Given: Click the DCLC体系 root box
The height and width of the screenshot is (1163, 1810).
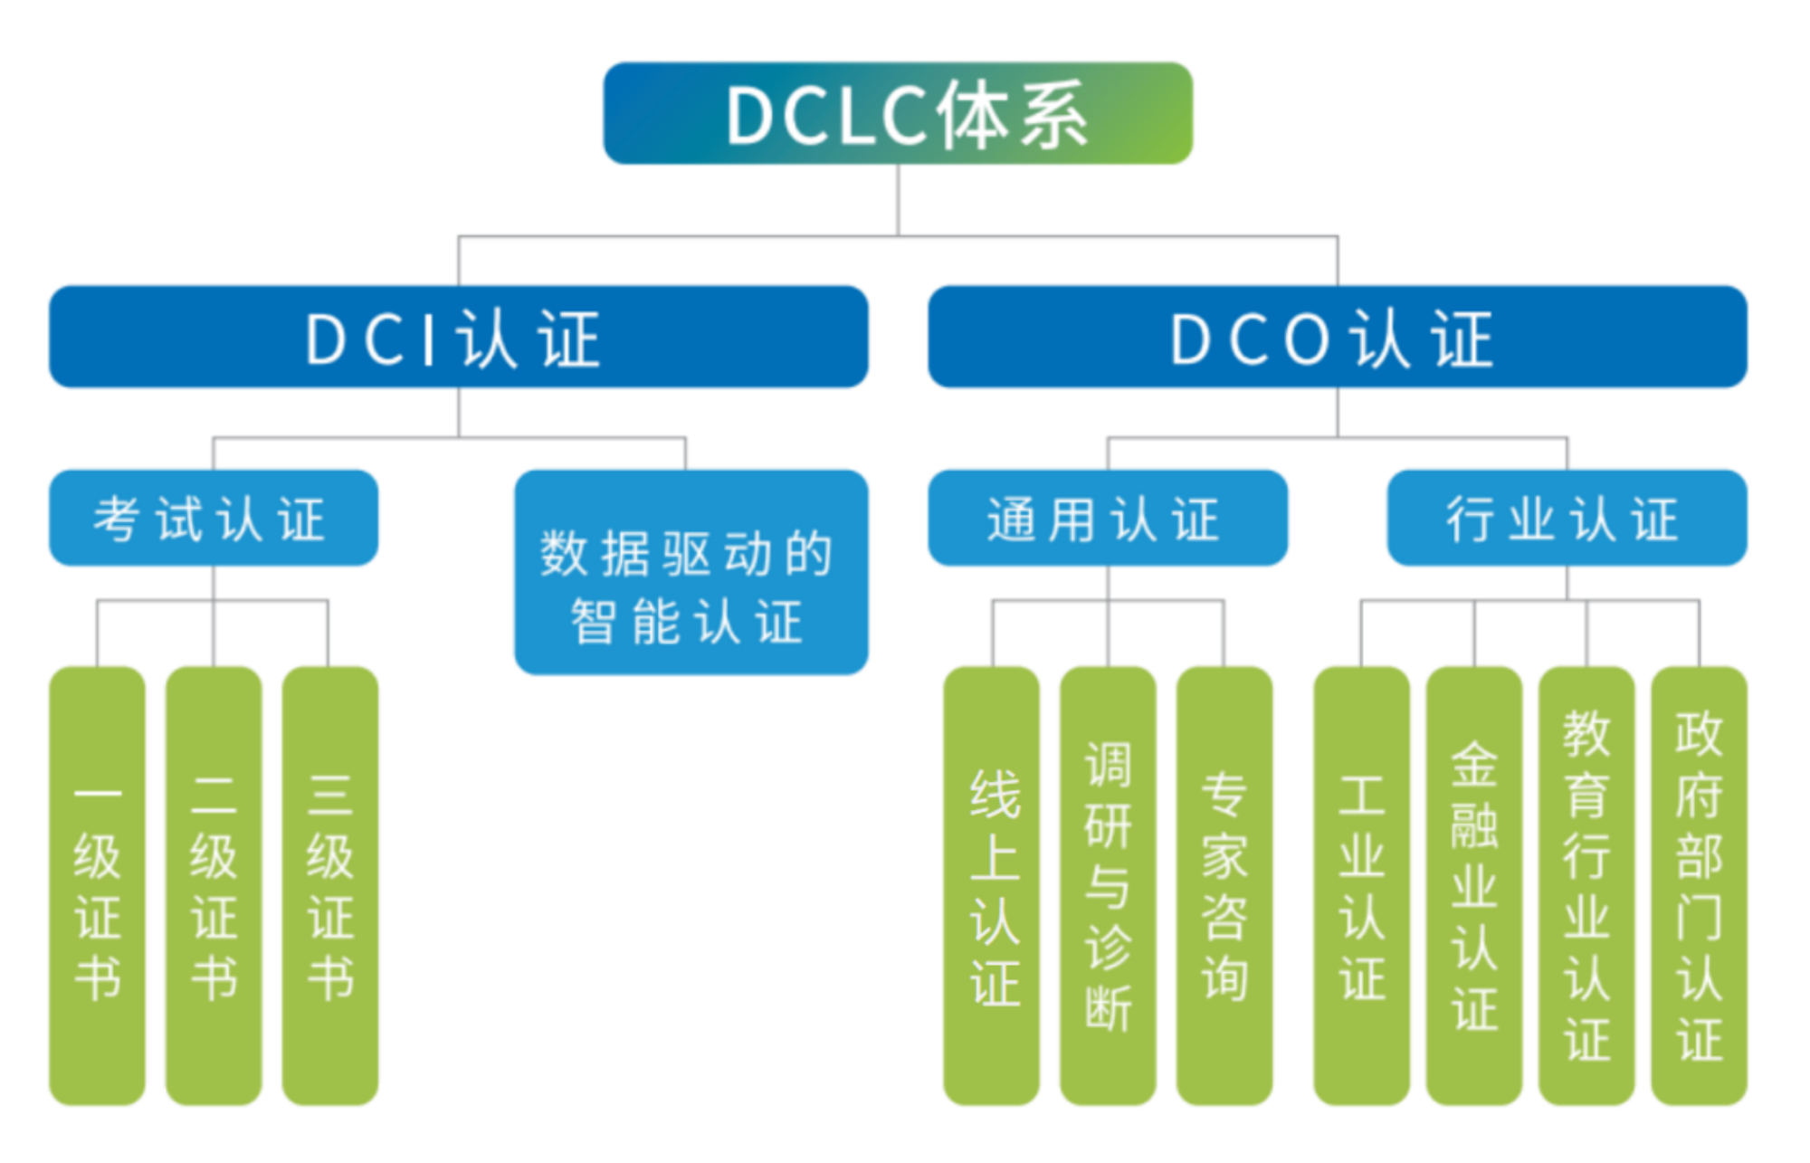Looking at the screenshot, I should point(897,114).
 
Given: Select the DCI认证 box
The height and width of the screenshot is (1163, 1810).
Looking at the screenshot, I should point(459,337).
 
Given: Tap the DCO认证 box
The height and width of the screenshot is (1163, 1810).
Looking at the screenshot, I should point(1338,337).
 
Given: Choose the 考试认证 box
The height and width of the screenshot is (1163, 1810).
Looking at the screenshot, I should point(214,518).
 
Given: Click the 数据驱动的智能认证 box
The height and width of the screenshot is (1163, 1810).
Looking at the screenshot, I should point(691,572).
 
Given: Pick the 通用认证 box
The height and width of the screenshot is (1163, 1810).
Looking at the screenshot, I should point(1108,518).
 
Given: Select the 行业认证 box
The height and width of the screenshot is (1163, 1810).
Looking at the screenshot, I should point(1567,518).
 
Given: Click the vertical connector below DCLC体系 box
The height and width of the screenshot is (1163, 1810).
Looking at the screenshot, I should point(898,201).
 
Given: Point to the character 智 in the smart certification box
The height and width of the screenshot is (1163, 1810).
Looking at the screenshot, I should point(593,622).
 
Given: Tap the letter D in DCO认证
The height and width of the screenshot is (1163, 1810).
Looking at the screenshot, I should point(1191,339).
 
